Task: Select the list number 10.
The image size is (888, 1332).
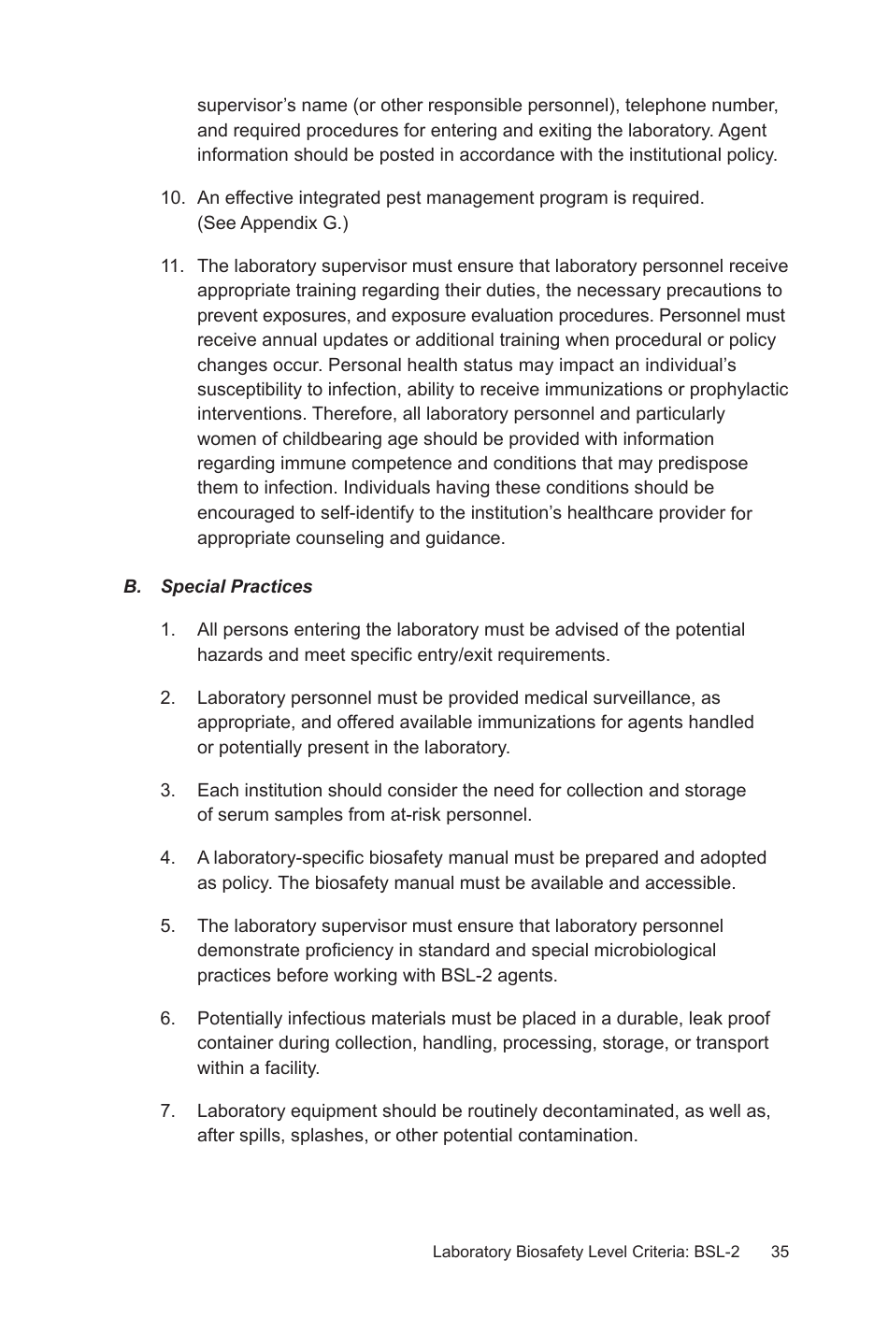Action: coord(173,198)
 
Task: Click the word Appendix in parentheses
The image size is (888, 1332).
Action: coord(279,223)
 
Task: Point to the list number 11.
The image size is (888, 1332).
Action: coord(173,266)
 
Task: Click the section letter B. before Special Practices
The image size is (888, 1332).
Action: coord(132,587)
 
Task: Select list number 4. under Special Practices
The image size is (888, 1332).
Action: coord(167,858)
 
